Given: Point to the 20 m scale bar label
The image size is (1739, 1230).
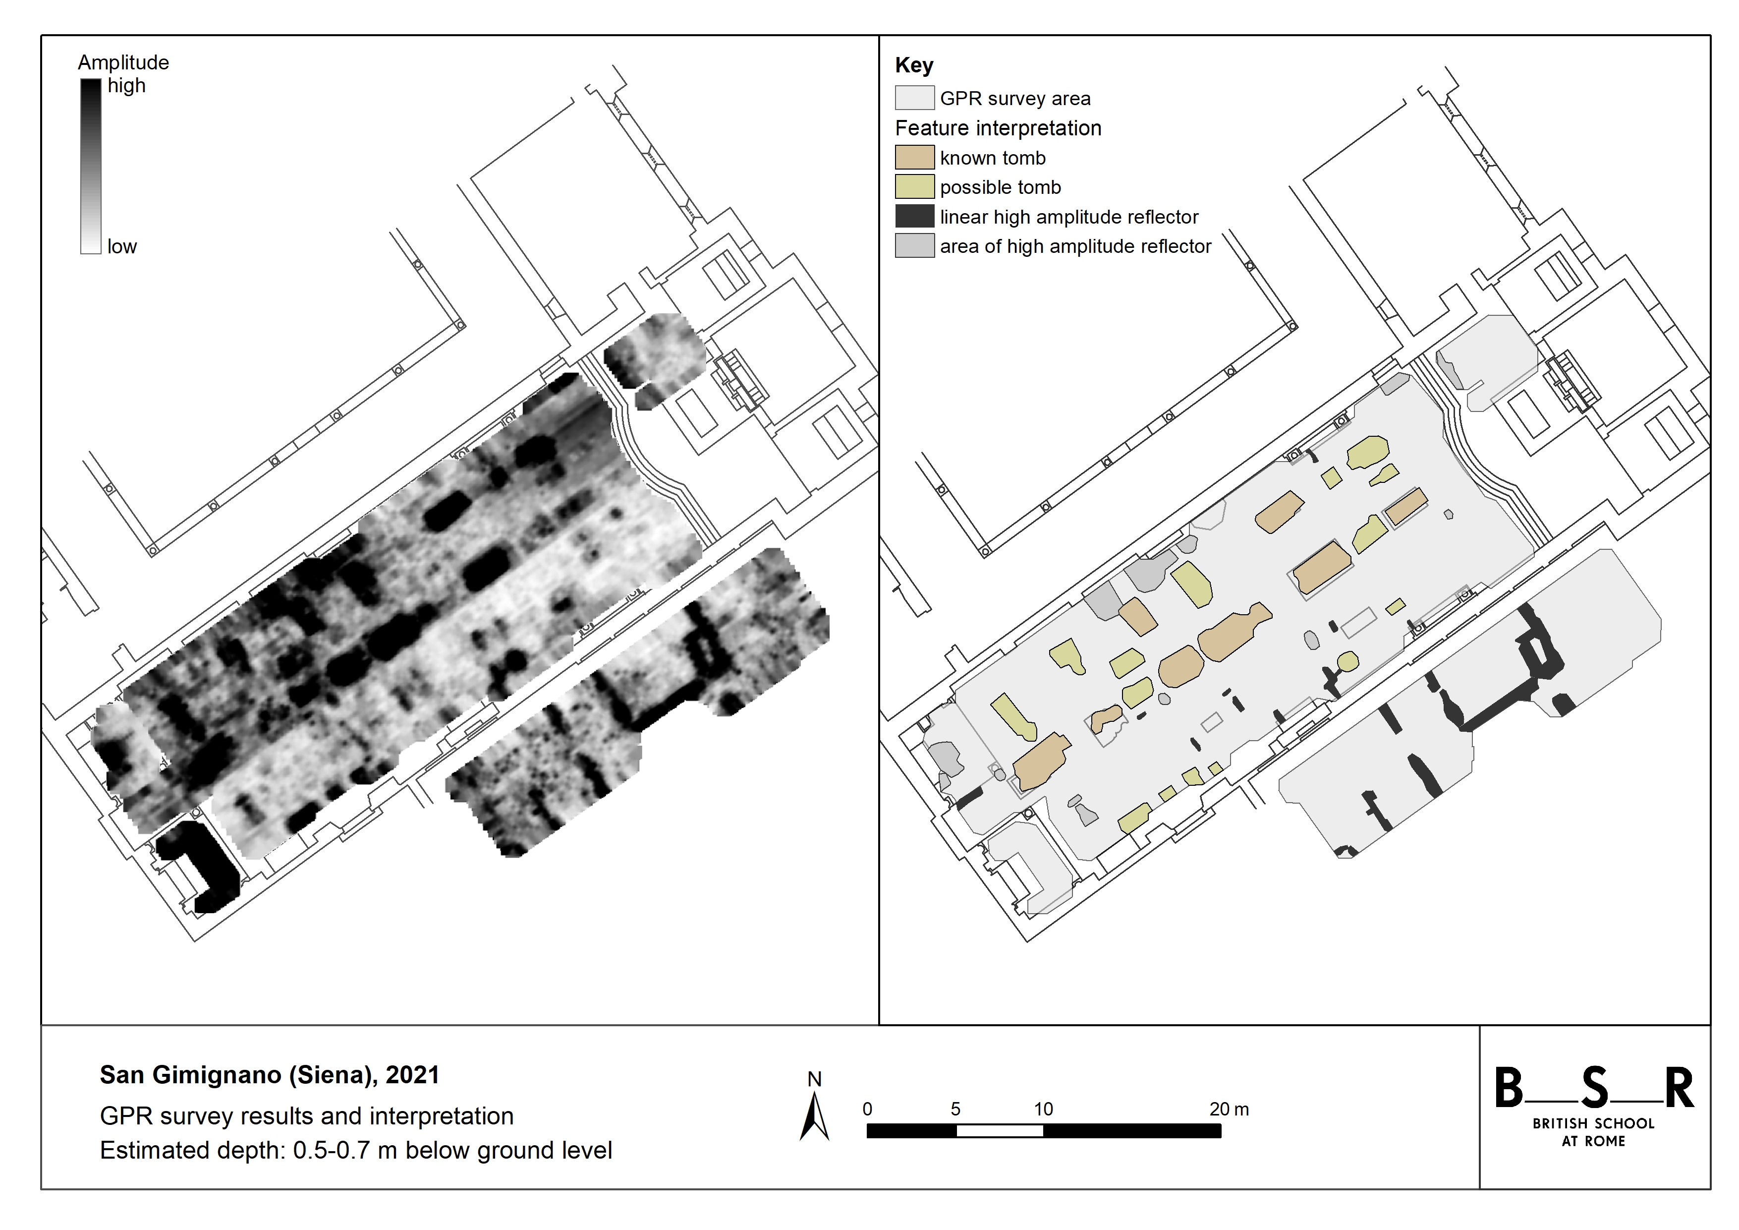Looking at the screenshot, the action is tap(1229, 1110).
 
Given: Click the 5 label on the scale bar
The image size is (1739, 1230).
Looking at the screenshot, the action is tap(956, 1110).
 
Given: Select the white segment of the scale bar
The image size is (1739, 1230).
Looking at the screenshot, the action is tap(1000, 1131).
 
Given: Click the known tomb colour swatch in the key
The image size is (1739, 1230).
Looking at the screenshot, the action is tap(914, 158).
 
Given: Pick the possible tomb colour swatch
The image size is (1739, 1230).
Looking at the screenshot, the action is tap(914, 186).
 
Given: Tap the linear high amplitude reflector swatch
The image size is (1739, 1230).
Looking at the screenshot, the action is tap(914, 216).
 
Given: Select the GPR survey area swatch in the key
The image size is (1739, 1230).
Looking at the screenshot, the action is tap(914, 98).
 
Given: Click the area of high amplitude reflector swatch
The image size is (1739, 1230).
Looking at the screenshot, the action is tap(914, 245).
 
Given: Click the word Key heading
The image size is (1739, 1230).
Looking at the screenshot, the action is tap(914, 65).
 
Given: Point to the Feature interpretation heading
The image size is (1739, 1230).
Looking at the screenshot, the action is tap(998, 128).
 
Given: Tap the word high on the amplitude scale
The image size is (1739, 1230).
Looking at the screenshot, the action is tap(126, 86).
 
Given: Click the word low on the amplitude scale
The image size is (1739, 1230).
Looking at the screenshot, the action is tap(122, 246).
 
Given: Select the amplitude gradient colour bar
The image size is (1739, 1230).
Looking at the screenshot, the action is tap(91, 166).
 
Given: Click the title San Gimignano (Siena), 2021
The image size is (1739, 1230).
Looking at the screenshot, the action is tap(270, 1075).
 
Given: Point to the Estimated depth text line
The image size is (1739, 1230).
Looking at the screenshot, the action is tap(356, 1150).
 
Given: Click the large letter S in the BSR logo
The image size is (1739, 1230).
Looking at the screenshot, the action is tap(1594, 1088).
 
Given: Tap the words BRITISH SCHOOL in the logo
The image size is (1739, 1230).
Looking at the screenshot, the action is tap(1594, 1123).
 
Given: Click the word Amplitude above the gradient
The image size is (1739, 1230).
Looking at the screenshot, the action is tap(123, 62).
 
